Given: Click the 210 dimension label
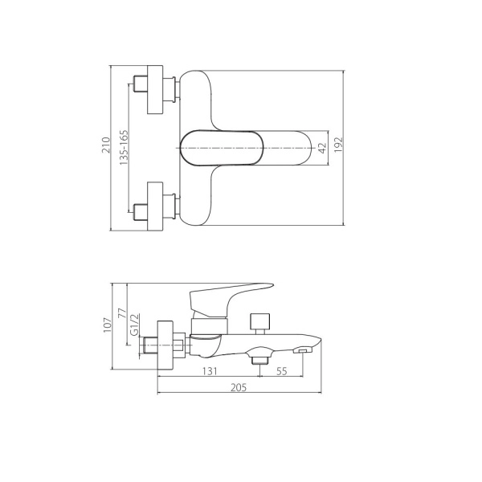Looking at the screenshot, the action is tap(106, 145).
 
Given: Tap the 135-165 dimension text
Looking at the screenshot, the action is tap(124, 148).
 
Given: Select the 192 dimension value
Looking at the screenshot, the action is tap(338, 145).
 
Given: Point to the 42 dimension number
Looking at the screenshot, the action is tap(322, 148).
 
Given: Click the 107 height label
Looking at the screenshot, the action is tap(108, 325).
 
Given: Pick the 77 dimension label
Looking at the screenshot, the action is tap(122, 313).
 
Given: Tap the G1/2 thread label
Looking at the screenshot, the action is tap(135, 325).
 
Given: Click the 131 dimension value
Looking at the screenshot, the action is tap(210, 371).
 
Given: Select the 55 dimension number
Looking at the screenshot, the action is tap(282, 371).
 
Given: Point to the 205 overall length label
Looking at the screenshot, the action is tap(239, 387).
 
